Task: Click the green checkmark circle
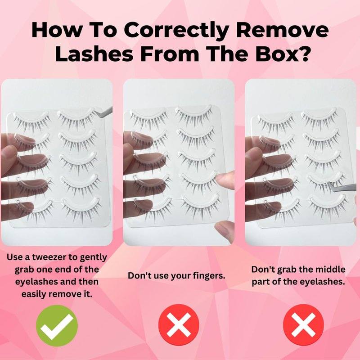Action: click(57, 325)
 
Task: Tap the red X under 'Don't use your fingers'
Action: click(179, 325)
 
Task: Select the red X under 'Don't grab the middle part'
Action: click(303, 325)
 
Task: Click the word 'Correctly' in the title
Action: click(177, 31)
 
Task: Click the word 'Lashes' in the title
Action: click(94, 54)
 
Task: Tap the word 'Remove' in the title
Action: click(283, 30)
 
